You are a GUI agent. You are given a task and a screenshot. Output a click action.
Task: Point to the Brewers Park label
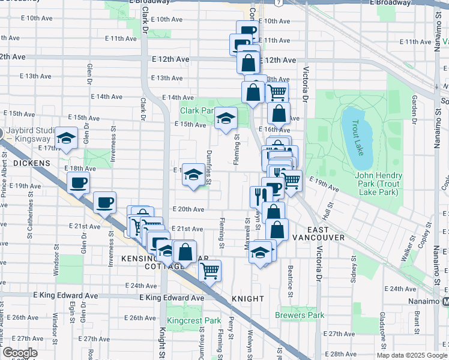point(300,315)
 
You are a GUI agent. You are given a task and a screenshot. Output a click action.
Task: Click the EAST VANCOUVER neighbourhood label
point(318,233)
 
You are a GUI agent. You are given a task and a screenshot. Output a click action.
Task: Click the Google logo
point(19,353)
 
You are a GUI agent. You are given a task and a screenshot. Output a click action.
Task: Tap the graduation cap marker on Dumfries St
point(193,175)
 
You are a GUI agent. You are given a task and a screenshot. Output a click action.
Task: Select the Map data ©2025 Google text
point(411,355)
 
